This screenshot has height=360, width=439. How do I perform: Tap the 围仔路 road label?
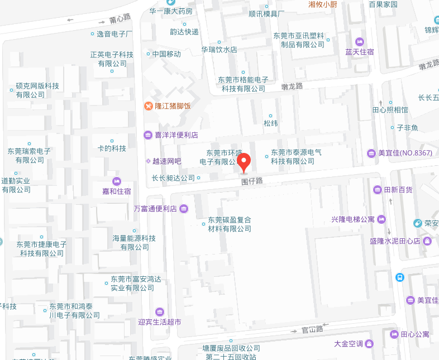coord(251,181)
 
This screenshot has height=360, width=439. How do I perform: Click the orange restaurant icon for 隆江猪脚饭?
coord(148,105)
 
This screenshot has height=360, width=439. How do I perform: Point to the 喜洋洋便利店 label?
coord(176,135)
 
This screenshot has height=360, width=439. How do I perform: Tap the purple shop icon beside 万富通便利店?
coord(184,209)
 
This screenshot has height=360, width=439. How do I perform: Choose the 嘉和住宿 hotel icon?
coord(117,181)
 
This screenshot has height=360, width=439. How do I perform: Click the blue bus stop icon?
coord(400,277)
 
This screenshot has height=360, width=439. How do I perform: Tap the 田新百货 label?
coord(398,190)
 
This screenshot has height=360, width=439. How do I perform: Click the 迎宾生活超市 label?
coord(159,322)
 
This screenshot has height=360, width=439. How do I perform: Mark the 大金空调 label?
coord(348,343)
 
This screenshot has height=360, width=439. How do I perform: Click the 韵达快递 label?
coord(184,32)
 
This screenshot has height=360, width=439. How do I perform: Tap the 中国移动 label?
coord(166,54)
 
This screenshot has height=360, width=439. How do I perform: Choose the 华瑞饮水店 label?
coord(219,50)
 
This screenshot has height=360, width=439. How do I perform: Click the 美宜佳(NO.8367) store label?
coord(405,153)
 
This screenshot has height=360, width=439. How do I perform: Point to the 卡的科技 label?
coord(112,148)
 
